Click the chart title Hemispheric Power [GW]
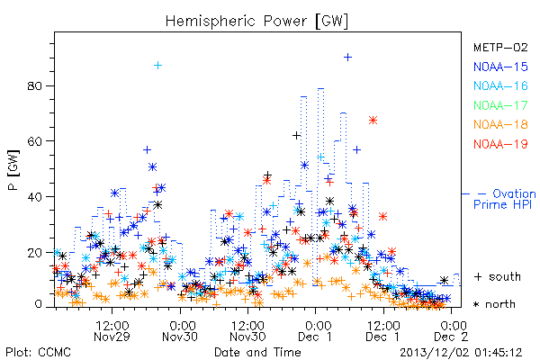point(256,21)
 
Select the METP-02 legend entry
point(500,47)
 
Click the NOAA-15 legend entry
point(500,67)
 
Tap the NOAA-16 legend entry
point(500,85)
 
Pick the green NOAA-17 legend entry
point(500,105)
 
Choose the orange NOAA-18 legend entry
point(500,124)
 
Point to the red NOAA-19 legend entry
point(500,144)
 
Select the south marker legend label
point(498,276)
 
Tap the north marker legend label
point(494,304)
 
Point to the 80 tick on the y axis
point(34,85)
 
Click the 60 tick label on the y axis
point(34,141)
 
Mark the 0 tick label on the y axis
point(38,304)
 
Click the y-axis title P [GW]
point(13,170)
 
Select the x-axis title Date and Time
point(257,352)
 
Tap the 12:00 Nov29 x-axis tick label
point(112,331)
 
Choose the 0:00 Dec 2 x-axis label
point(451,331)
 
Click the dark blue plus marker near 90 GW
point(347,57)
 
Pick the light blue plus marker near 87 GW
point(157,65)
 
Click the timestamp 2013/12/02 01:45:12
point(461,352)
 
